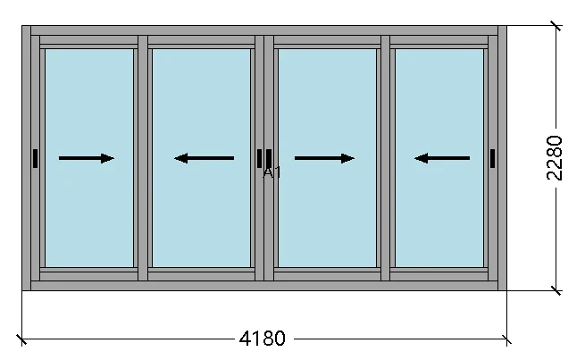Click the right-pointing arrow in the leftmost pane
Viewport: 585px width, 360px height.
pos(87,158)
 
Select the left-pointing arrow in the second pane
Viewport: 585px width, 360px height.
pos(204,158)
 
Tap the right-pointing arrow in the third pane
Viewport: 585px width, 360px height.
pos(324,158)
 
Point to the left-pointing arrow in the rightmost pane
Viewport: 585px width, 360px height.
pos(442,158)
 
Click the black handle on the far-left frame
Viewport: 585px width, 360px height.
pos(35,158)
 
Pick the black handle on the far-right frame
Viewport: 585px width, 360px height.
pos(492,158)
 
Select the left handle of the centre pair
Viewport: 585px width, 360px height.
pos(260,158)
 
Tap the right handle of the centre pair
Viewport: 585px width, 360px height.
pos(269,158)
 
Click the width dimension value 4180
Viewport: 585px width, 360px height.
pos(263,339)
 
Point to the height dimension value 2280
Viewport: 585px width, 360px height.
pos(556,158)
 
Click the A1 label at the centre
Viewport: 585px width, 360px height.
pos(272,172)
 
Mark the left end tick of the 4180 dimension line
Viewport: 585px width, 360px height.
pos(21,339)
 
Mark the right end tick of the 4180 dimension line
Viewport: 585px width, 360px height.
pos(507,339)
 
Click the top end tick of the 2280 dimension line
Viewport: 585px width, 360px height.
pos(556,26)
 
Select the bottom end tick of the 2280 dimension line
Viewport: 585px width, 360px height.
pos(556,290)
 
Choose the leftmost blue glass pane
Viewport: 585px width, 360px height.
pos(88,107)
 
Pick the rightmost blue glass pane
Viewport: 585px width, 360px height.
pos(439,107)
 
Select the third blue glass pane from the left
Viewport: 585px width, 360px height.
pos(326,107)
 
